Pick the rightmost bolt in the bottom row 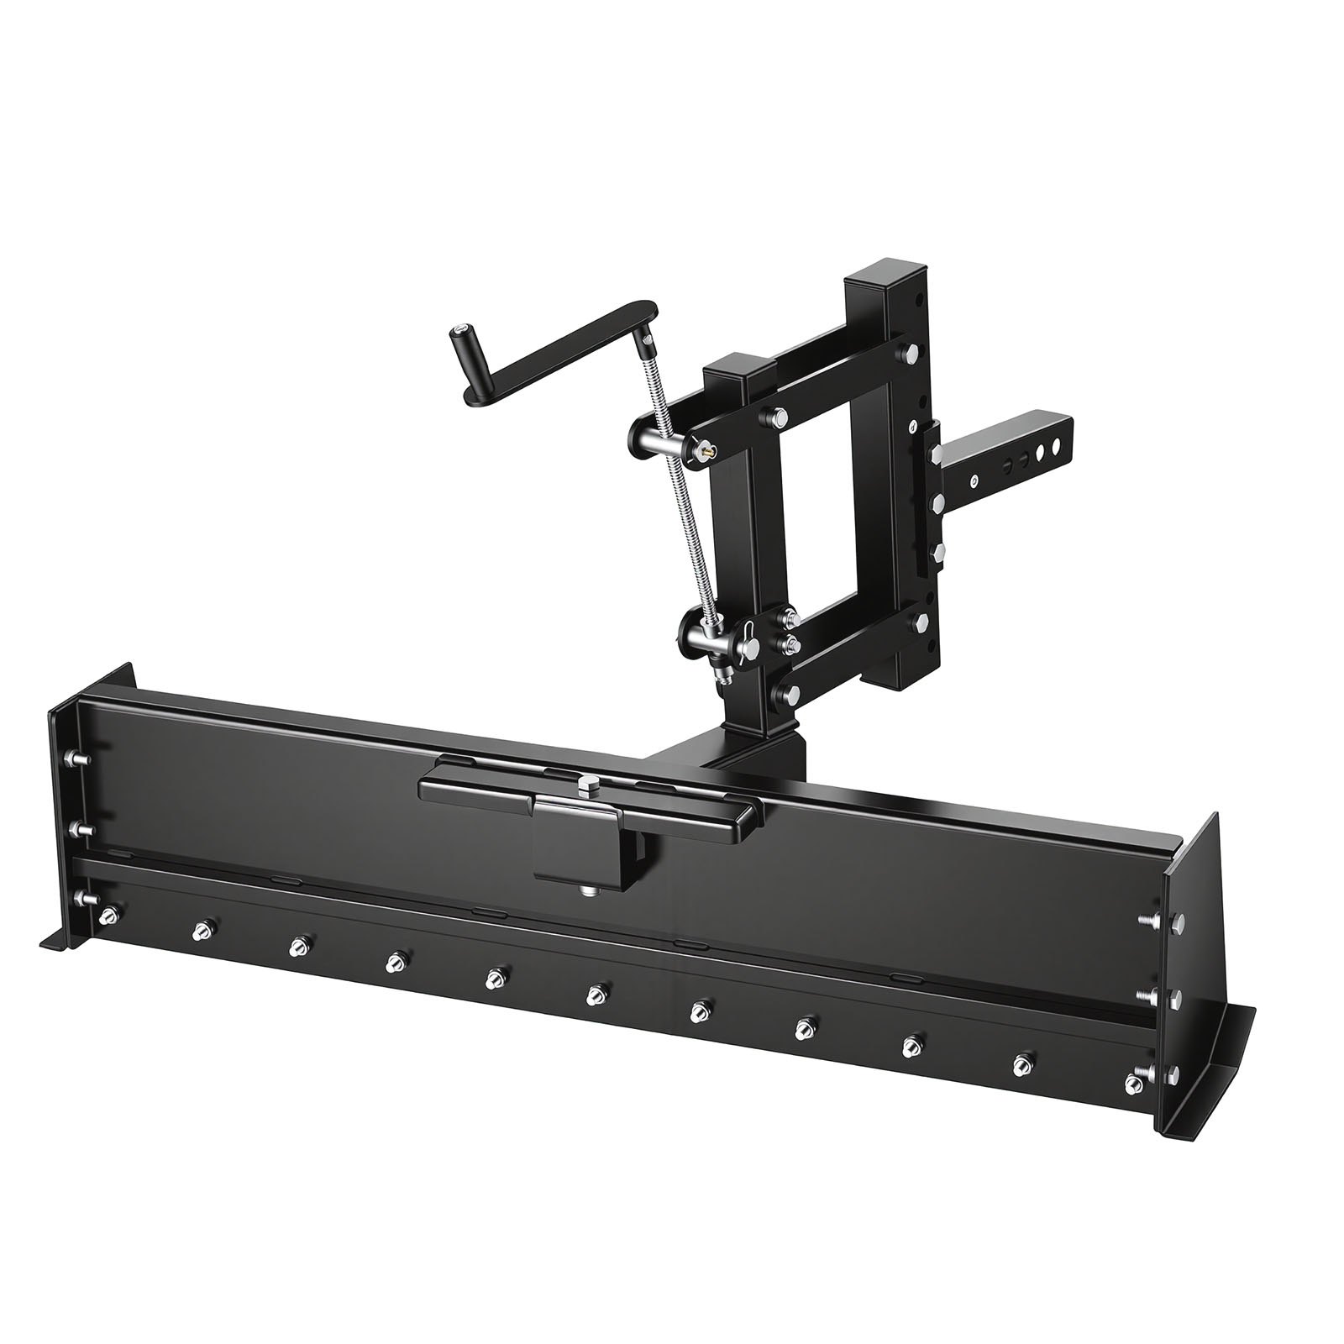coord(1021,1063)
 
